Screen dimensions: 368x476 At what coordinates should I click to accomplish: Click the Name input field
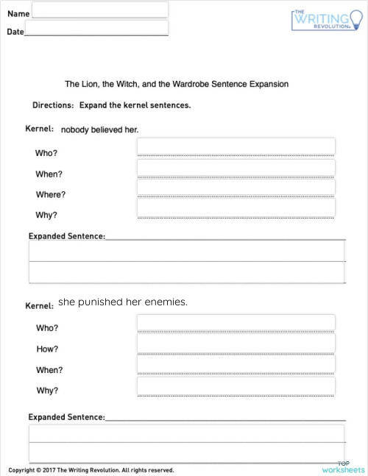coord(100,10)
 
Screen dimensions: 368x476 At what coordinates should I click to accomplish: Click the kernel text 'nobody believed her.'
coord(99,129)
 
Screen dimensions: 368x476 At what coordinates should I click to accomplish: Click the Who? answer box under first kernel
coord(236,146)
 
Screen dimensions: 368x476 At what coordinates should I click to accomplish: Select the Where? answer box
coord(236,188)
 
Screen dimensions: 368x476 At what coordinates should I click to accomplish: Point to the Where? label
coord(51,195)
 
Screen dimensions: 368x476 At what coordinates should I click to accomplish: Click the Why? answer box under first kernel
coord(236,208)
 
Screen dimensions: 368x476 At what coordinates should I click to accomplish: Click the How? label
coord(47,349)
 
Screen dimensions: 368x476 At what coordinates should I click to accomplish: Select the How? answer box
coord(236,344)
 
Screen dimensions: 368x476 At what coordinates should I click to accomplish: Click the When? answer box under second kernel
coord(236,365)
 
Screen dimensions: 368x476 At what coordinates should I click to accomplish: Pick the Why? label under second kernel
coord(47,391)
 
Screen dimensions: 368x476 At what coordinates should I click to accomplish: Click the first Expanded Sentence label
coord(66,236)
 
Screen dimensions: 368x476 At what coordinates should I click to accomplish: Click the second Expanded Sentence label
coord(66,417)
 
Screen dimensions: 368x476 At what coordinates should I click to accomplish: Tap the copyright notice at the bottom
coord(91,470)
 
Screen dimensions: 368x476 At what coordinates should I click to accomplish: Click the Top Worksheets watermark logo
coord(343,466)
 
